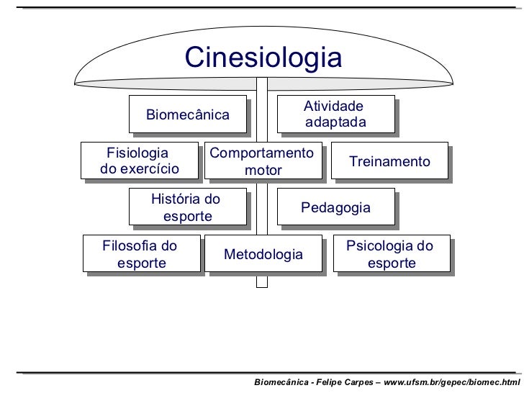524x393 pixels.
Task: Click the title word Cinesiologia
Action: coord(263,58)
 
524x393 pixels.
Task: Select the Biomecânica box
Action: coord(188,114)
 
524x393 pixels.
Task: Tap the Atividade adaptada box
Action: coord(335,114)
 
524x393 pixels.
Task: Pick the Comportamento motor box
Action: coord(263,161)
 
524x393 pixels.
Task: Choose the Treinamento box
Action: coord(389,161)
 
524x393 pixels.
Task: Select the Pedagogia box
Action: coord(335,208)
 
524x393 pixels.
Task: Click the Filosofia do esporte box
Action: coord(141,255)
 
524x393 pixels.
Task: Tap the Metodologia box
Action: coord(263,255)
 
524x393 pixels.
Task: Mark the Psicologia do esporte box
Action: coord(389,255)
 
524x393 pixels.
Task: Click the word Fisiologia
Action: coord(137,153)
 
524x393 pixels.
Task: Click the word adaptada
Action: coord(335,123)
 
